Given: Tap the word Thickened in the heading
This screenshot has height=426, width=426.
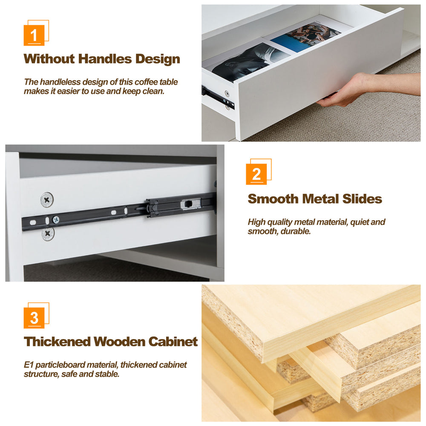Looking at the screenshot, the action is (x=57, y=342).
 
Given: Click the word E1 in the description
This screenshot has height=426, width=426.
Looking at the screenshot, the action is (x=29, y=365).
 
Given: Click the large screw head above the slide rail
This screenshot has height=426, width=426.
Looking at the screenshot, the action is (x=47, y=200).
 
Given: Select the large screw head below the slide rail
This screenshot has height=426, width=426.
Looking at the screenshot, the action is (x=48, y=233).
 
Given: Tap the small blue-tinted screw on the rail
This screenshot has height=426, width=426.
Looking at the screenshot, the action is (x=56, y=219).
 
